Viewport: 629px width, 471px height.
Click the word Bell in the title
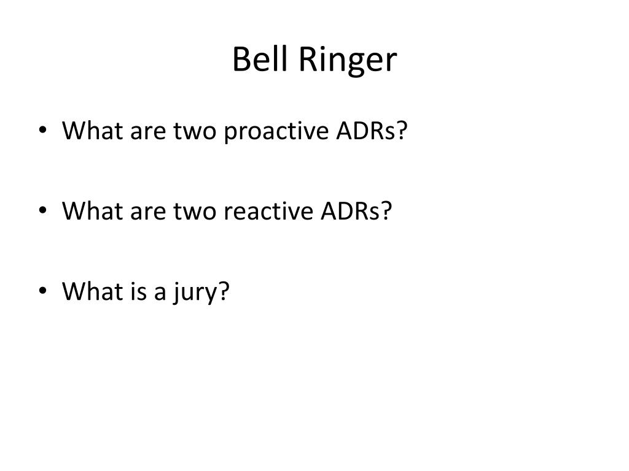260,60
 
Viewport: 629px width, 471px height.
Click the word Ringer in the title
349,61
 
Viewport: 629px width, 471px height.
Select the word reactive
271,212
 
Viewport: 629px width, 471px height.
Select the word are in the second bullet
145,212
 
